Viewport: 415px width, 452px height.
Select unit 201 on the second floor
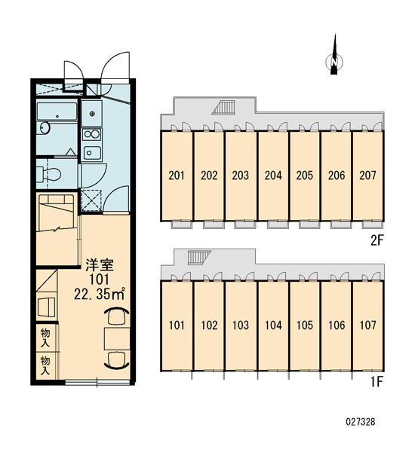pos(177,176)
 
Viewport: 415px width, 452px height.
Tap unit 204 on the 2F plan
pos(273,176)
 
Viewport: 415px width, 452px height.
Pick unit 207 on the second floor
pos(368,176)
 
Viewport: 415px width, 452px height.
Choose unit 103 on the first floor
pos(241,325)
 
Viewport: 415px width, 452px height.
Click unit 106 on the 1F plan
pos(337,325)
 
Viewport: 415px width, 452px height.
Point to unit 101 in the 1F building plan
pos(177,325)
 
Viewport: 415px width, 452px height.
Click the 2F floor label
pos(377,240)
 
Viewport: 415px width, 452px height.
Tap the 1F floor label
pos(377,382)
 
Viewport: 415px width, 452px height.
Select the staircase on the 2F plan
pos(223,108)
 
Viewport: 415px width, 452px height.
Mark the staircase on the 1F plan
pos(199,257)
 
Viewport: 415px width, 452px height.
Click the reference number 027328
pos(361,422)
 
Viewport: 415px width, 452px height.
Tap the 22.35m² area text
pos(100,294)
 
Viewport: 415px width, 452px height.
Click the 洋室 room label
pos(100,265)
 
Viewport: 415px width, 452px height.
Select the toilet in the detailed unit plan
pos(49,174)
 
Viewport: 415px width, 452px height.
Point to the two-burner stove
pos(91,134)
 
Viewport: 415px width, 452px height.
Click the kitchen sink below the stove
pos(92,153)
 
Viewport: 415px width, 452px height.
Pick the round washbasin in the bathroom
pos(45,128)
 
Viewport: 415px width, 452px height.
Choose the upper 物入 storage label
pos(45,337)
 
